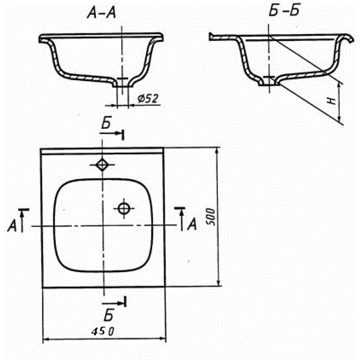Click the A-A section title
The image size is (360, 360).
(x=101, y=13)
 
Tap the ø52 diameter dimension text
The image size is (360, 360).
(x=148, y=99)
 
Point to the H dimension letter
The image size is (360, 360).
(x=332, y=101)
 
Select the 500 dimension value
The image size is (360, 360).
(x=211, y=217)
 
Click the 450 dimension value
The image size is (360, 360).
(x=103, y=331)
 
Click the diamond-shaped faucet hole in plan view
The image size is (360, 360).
(x=102, y=165)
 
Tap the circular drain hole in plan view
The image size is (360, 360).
(x=124, y=208)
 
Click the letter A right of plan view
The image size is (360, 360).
(x=192, y=224)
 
